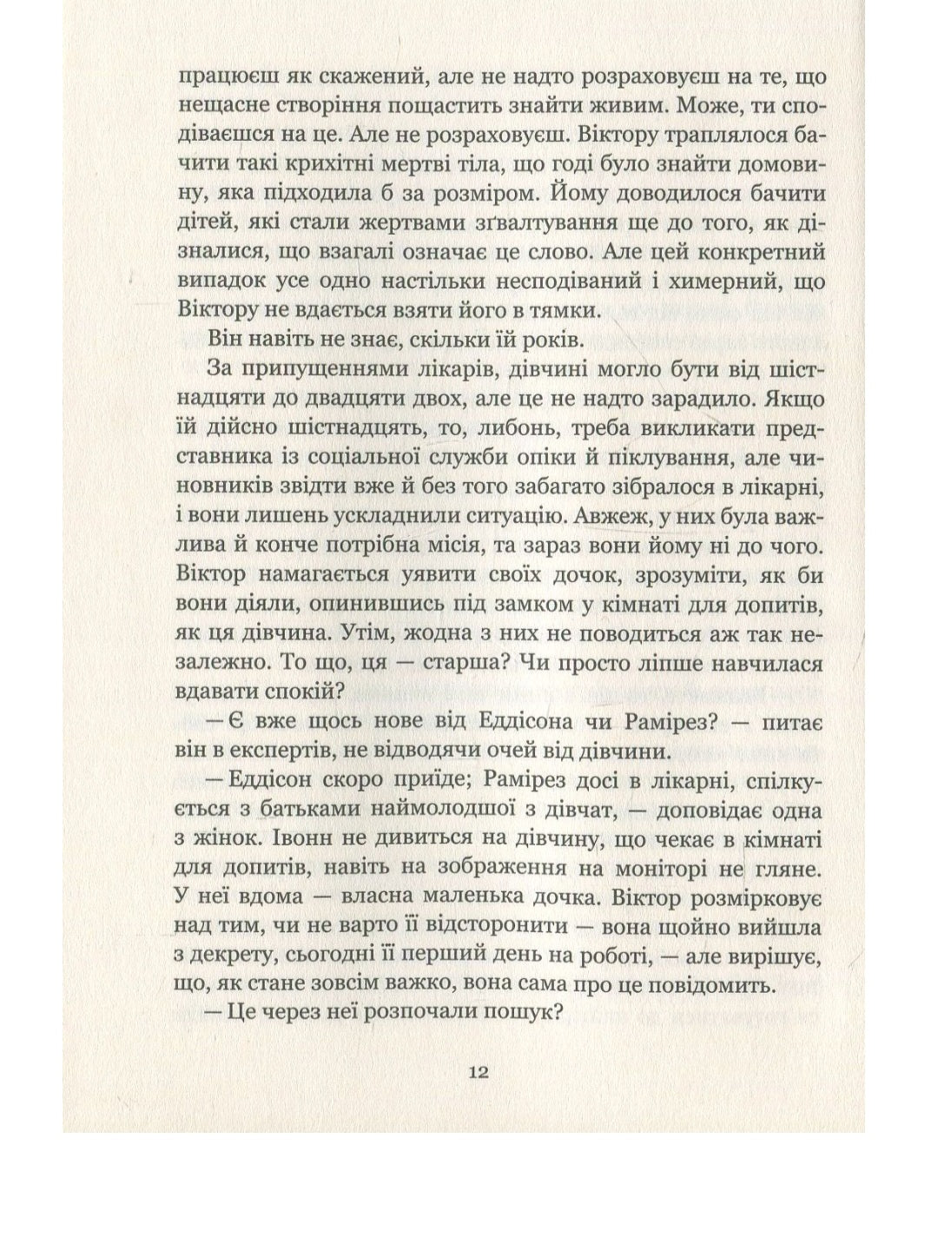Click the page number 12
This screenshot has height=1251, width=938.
tap(479, 1071)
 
